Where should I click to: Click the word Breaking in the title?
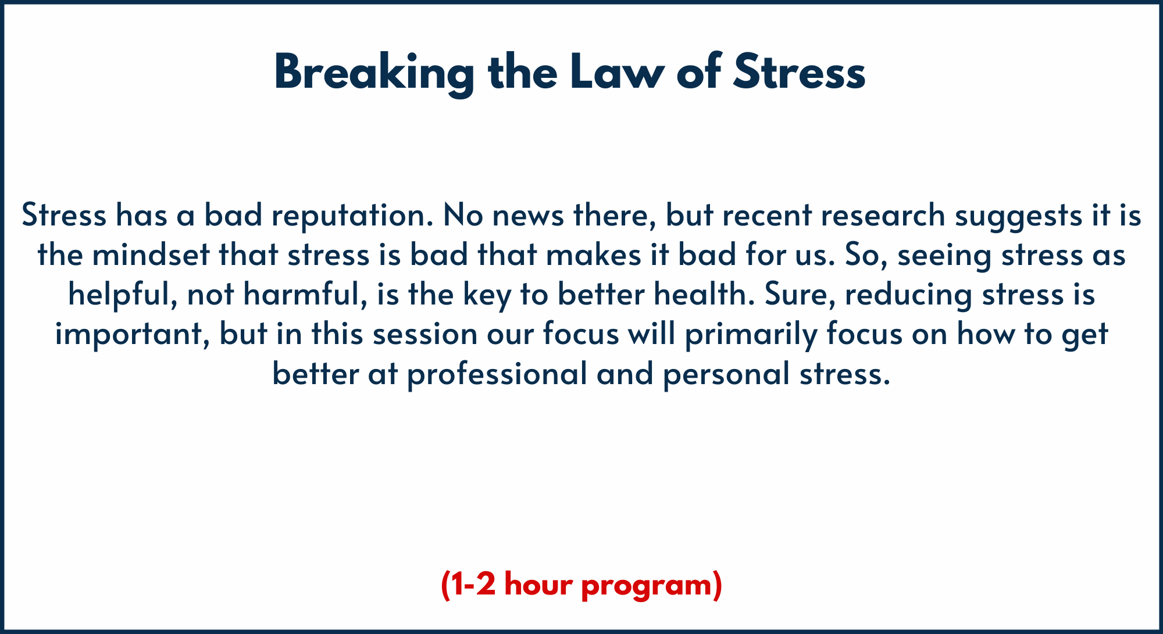coord(374,73)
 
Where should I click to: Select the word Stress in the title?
coord(799,72)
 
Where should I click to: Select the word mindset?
coord(151,255)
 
